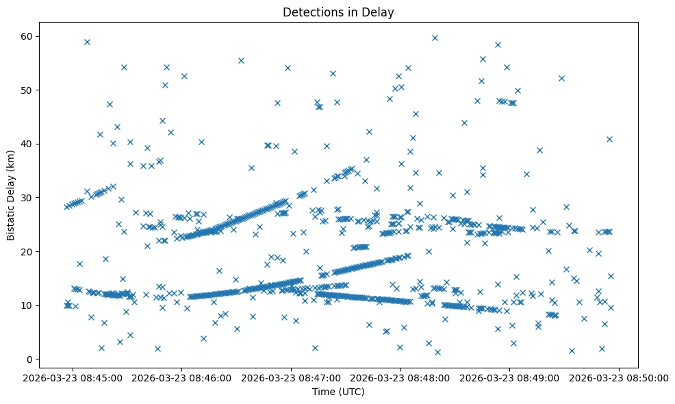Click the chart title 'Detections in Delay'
[338, 12]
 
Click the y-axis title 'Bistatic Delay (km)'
[11, 195]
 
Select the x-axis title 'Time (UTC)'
[338, 392]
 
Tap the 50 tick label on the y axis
[33, 90]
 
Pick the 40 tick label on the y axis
[33, 144]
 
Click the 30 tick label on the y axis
[33, 198]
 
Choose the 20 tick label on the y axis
[33, 252]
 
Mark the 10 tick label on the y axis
[33, 305]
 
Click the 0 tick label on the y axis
[36, 359]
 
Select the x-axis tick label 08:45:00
[73, 377]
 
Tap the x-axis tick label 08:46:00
[183, 377]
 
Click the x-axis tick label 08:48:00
[401, 377]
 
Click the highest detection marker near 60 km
[435, 38]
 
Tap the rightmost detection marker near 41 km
[609, 139]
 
